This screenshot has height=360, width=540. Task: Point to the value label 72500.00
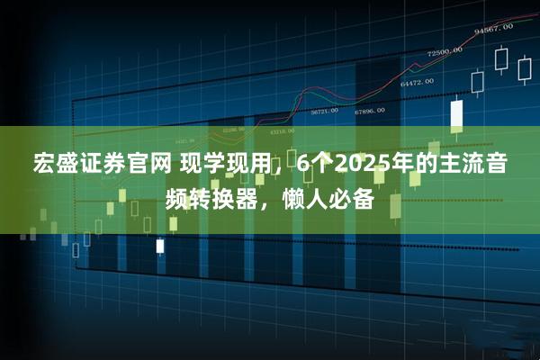[x=445, y=51]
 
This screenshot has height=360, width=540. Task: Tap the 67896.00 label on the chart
[x=369, y=111]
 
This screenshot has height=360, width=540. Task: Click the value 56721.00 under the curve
[x=324, y=112]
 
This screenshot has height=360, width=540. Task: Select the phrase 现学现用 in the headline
[x=215, y=166]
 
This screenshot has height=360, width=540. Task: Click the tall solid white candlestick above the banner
[x=456, y=114]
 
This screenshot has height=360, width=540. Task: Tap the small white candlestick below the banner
[x=160, y=245]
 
